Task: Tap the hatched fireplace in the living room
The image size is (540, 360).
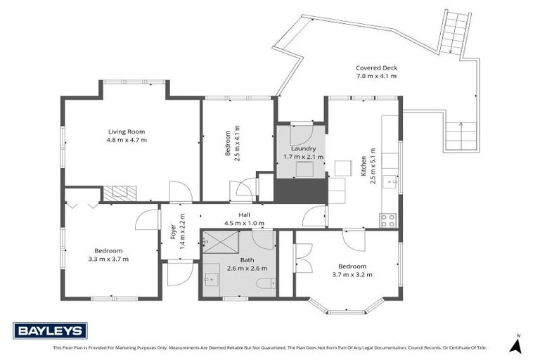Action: pos(118,193)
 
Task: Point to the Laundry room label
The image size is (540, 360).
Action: pos(304,148)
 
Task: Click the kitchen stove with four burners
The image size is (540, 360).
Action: pos(388,220)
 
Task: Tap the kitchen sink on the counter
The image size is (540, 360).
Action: pos(394,182)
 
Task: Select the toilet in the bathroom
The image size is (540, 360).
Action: pos(262,283)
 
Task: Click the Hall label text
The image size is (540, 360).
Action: pos(243,215)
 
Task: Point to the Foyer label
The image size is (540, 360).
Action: pos(173,231)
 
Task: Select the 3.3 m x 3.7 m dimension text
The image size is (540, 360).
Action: pos(109,259)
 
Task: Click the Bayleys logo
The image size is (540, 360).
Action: pos(50,330)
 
